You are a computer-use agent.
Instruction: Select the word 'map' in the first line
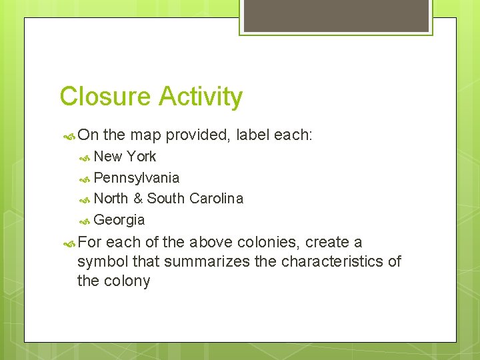click(146, 135)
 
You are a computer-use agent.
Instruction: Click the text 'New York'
click(125, 157)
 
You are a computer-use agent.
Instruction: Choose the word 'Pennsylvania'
click(137, 178)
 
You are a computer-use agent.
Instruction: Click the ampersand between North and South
click(138, 199)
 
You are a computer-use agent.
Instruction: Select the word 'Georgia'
click(119, 220)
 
